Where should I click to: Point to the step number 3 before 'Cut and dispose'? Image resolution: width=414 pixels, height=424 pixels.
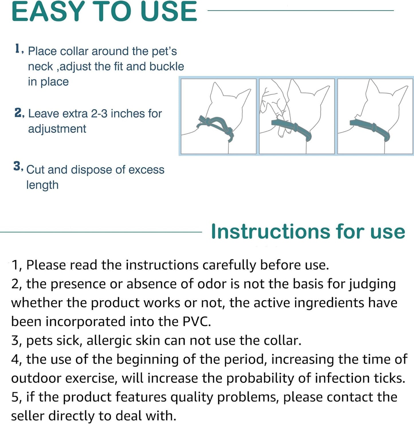(18, 166)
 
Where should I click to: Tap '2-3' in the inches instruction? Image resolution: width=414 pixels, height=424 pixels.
(99, 114)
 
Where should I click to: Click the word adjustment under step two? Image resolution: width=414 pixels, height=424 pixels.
(57, 129)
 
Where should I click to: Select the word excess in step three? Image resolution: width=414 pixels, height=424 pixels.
(146, 170)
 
